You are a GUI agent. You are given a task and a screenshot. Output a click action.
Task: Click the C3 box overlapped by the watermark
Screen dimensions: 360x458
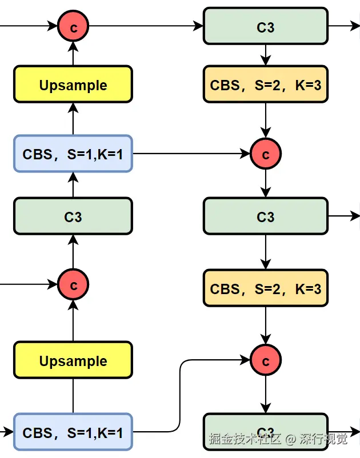tap(265, 432)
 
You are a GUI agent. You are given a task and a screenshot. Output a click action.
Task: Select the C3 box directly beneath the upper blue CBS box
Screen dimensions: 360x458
tap(73, 216)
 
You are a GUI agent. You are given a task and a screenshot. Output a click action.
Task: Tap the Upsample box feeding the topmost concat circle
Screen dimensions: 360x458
tap(73, 85)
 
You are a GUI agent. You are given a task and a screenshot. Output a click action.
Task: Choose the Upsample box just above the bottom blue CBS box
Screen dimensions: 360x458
tap(73, 360)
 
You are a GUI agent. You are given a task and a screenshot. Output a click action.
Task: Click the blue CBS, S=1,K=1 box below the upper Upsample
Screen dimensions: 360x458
tap(73, 154)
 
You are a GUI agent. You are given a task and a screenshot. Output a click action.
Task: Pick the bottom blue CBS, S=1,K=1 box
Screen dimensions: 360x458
tap(73, 432)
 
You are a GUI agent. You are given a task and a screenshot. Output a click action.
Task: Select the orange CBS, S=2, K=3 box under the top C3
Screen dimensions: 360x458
tap(265, 85)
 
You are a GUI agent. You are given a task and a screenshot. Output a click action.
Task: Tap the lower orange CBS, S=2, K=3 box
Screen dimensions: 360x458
tap(265, 288)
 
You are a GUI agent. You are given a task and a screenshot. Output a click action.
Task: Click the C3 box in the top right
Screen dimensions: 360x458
tap(265, 26)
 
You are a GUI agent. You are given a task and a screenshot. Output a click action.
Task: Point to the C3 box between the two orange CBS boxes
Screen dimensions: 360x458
tap(265, 216)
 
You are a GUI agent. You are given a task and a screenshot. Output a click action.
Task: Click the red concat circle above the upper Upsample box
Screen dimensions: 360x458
tap(73, 26)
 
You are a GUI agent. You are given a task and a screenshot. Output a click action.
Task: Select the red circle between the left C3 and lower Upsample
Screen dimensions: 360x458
tap(73, 284)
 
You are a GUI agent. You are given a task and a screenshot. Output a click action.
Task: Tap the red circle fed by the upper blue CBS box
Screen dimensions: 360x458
tap(265, 154)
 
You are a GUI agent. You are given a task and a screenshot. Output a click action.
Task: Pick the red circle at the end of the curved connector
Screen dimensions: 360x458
tap(265, 360)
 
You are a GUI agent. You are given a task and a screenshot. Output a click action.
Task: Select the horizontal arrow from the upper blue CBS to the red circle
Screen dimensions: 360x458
tap(191, 154)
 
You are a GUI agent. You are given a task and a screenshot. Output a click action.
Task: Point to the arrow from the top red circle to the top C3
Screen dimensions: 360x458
tap(146, 26)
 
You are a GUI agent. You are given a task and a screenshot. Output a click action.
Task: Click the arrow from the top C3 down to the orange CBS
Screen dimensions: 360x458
tap(265, 55)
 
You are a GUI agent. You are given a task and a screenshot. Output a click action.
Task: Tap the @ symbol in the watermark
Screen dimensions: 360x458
tap(290, 439)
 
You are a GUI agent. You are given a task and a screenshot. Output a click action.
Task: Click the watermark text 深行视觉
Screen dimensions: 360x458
tap(323, 439)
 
